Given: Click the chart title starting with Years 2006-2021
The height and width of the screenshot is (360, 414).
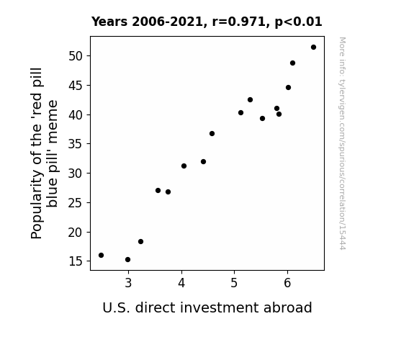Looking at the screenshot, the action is point(207,22).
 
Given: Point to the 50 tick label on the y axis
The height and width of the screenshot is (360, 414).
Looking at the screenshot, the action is point(76,56).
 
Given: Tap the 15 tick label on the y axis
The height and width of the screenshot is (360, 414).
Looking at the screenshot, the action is point(76,261).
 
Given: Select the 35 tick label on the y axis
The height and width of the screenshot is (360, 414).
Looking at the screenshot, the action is point(76,144).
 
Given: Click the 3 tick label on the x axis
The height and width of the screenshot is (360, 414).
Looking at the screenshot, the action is point(128,283).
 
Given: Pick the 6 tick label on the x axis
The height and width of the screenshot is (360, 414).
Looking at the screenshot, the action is point(287,283).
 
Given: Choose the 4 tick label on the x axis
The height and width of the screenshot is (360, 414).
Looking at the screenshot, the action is point(181,283).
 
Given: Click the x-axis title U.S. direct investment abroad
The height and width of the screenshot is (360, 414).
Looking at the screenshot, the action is point(207,307).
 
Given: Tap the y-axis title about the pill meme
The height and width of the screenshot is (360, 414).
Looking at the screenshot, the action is point(44,153).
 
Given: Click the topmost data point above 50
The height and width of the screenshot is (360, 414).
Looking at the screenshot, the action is point(313,48).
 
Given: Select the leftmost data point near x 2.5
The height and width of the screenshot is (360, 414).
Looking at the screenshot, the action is point(101,255).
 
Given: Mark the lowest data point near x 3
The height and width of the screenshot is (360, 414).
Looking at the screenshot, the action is point(127,260).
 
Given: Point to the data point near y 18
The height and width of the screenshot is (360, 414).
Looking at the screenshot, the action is point(140,241).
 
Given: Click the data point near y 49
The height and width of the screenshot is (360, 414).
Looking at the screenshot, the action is point(292,63).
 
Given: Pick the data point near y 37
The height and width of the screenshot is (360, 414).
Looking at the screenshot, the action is point(212,134).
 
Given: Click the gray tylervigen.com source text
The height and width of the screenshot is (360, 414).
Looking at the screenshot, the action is point(342,143).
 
